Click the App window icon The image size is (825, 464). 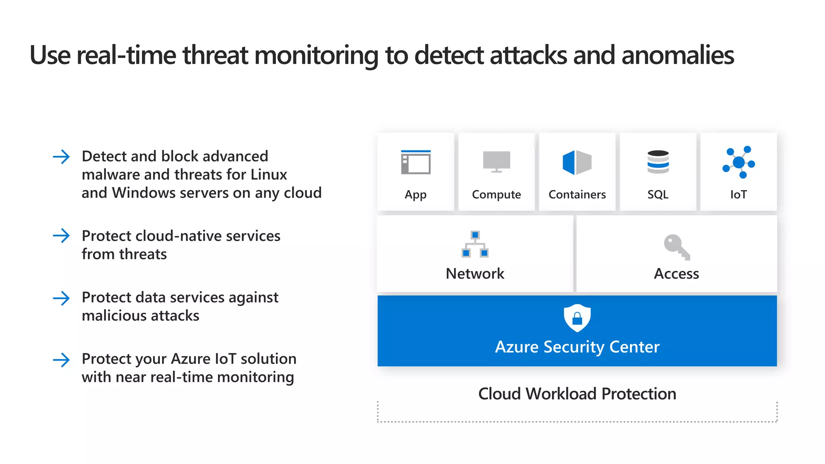(x=416, y=162)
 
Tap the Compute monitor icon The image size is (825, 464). (x=496, y=162)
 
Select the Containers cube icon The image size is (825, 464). (x=577, y=162)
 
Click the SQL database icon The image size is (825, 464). (x=658, y=162)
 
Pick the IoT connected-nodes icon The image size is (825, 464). (x=738, y=162)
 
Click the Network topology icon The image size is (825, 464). (x=475, y=244)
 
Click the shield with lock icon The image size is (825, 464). (x=577, y=318)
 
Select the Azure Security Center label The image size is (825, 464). (x=577, y=347)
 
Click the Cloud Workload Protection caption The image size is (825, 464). (x=577, y=394)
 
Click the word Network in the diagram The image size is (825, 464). (x=475, y=273)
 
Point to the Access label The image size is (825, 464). (x=676, y=273)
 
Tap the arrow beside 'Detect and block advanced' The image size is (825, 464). (x=61, y=157)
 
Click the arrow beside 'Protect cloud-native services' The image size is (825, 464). (x=61, y=236)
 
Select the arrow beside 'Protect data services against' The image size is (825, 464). (x=61, y=298)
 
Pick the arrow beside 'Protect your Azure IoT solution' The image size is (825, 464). (x=61, y=360)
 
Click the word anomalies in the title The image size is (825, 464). (x=678, y=55)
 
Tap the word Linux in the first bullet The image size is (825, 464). (x=269, y=174)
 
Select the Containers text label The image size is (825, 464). (x=577, y=195)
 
